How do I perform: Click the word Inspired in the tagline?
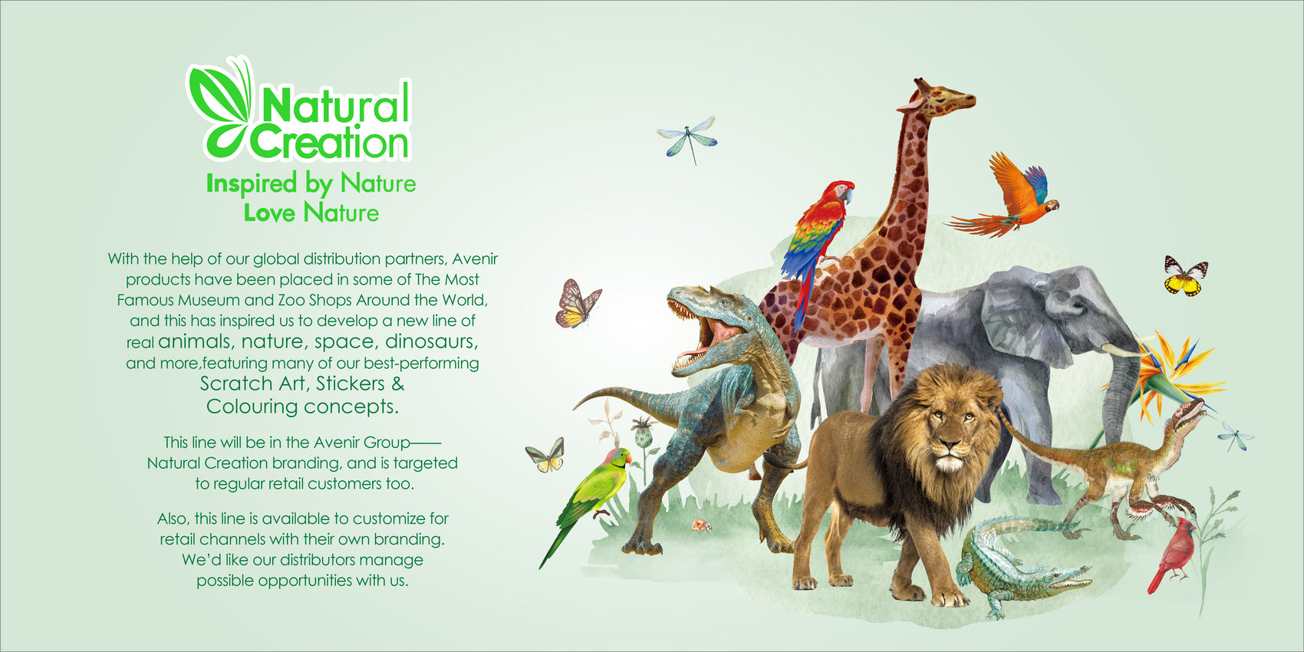[x=252, y=184]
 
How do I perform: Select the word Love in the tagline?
[x=269, y=212]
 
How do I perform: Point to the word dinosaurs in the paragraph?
[x=431, y=341]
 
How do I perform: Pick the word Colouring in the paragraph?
[x=252, y=407]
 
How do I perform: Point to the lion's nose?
[x=948, y=446]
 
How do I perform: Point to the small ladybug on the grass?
[x=702, y=525]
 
